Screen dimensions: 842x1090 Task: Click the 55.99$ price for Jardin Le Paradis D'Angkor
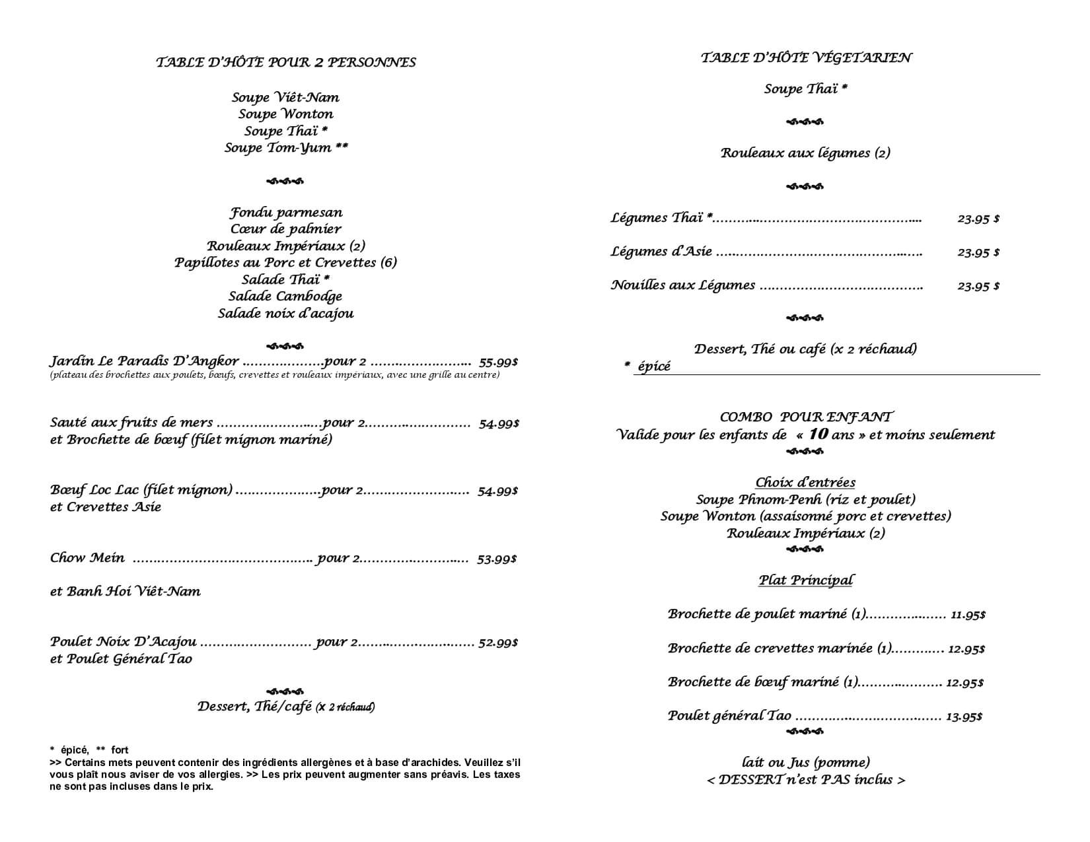pos(498,362)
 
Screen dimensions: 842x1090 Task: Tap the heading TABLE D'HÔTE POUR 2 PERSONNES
pos(286,62)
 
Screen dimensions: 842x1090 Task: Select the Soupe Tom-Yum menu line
pos(286,147)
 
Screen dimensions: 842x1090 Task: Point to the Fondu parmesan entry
pos(286,213)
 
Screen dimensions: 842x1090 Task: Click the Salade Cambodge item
pos(285,297)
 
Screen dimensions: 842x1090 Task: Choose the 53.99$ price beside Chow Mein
pos(497,559)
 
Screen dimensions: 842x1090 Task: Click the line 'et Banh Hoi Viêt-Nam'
pos(126,591)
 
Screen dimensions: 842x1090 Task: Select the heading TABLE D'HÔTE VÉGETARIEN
pos(806,58)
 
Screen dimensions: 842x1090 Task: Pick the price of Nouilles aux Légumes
pos(978,286)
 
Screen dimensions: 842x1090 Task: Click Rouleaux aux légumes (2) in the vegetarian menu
pos(805,153)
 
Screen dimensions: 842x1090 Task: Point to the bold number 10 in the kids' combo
pos(818,435)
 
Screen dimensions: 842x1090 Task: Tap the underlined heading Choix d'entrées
pos(805,483)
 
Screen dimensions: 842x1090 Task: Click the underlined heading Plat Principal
pos(805,580)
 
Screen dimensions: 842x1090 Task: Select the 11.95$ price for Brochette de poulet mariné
pos(968,615)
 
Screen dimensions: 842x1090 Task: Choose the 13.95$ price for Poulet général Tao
pos(964,717)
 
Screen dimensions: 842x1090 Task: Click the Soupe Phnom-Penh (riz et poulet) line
pos(805,500)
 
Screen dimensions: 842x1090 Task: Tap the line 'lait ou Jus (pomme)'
pos(805,763)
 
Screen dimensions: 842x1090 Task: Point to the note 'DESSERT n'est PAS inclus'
pos(805,780)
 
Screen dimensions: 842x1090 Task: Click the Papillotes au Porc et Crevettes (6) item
pos(285,263)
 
